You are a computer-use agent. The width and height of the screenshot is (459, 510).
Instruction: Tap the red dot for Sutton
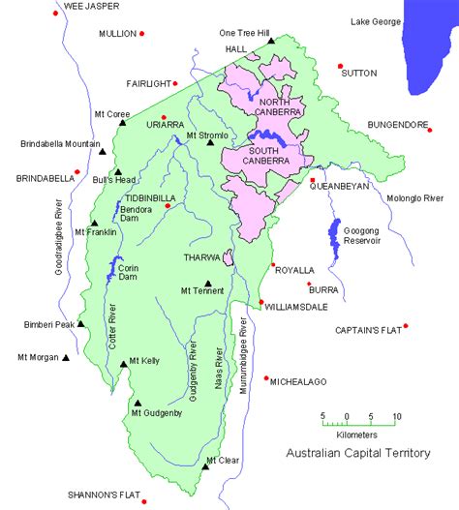(x=341, y=66)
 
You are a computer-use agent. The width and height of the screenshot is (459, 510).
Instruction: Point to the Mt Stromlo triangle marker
(x=210, y=144)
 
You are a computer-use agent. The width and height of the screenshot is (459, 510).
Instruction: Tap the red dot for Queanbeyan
(x=312, y=179)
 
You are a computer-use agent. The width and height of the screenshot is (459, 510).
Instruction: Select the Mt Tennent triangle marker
(x=208, y=282)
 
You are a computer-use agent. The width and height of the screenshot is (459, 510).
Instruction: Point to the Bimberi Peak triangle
(x=81, y=325)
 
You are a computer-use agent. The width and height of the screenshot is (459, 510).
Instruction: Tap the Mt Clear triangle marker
(x=205, y=467)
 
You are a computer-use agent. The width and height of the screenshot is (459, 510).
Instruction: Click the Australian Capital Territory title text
(x=357, y=453)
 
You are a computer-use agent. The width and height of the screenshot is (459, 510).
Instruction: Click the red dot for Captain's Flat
(x=406, y=325)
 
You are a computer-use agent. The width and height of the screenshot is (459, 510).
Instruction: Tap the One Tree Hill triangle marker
(x=272, y=41)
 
